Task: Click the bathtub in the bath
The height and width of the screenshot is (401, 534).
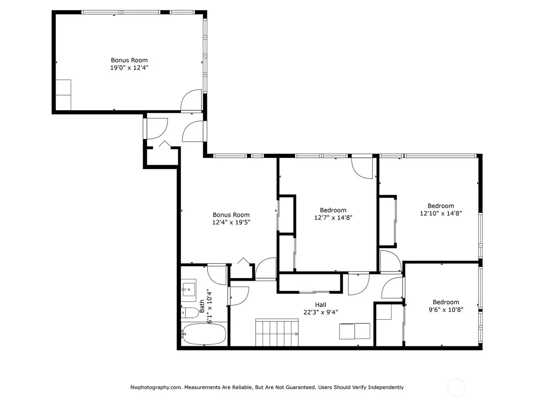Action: (204, 334)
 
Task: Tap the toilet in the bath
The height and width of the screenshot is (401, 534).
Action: (190, 312)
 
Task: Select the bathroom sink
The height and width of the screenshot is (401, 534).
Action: (189, 290)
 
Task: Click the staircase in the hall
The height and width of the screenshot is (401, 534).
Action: (277, 332)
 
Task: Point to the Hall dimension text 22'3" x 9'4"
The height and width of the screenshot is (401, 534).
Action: (321, 312)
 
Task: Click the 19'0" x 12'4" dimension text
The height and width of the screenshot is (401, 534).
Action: (129, 68)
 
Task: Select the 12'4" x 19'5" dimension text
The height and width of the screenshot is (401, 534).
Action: (231, 222)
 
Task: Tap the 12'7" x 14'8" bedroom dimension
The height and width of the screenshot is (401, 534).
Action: (333, 218)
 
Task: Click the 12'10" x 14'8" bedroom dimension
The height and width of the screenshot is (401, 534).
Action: (441, 213)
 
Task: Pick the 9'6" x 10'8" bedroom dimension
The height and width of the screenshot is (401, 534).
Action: (446, 310)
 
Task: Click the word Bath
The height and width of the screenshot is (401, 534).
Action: (202, 306)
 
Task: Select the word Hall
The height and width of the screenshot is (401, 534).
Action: (321, 305)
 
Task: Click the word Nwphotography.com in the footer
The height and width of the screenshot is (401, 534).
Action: (156, 387)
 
